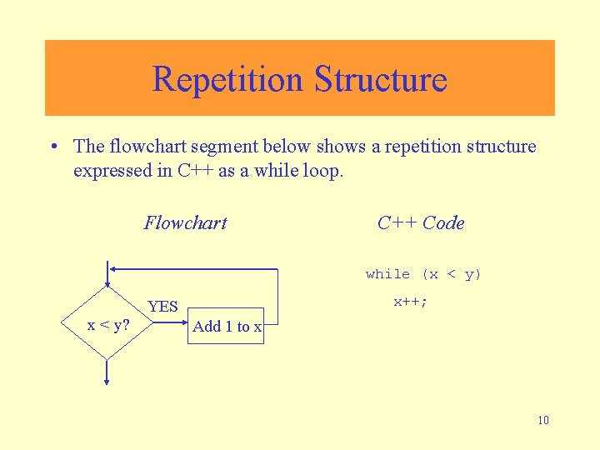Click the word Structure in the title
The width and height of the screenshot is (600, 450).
380,79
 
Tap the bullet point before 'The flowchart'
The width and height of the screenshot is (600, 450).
54,147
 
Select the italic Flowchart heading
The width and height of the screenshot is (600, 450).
185,222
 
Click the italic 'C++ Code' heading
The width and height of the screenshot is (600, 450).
420,222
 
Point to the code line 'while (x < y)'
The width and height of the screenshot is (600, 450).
423,274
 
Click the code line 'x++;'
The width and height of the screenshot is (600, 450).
410,302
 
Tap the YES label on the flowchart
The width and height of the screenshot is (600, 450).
162,307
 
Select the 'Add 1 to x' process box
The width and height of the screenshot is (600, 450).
227,327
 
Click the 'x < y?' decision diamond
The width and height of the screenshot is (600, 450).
108,324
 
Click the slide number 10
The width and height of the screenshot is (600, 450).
543,420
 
